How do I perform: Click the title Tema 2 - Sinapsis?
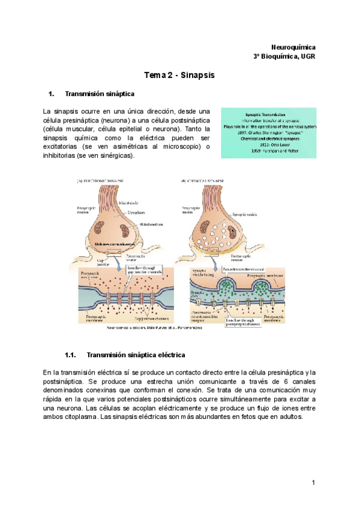(179, 76)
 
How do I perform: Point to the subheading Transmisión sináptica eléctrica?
(136, 355)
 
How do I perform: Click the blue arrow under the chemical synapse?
(215, 261)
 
